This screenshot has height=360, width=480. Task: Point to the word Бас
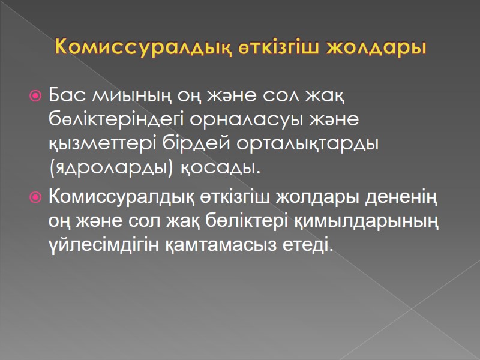pos(68,95)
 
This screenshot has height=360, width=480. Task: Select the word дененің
pos(400,196)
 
